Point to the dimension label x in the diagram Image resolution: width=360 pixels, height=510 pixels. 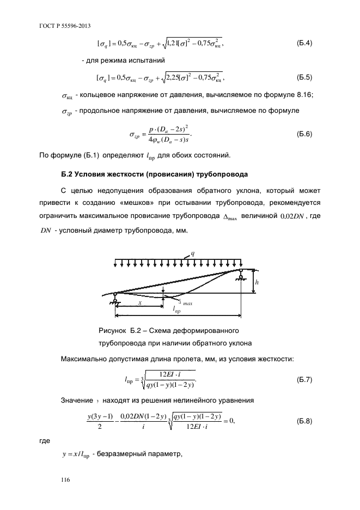pyautogui.click(x=140, y=302)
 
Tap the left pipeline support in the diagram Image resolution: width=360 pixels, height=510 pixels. pyautogui.click(x=115, y=297)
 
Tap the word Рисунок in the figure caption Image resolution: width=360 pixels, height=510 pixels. pyautogui.click(x=112, y=331)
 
